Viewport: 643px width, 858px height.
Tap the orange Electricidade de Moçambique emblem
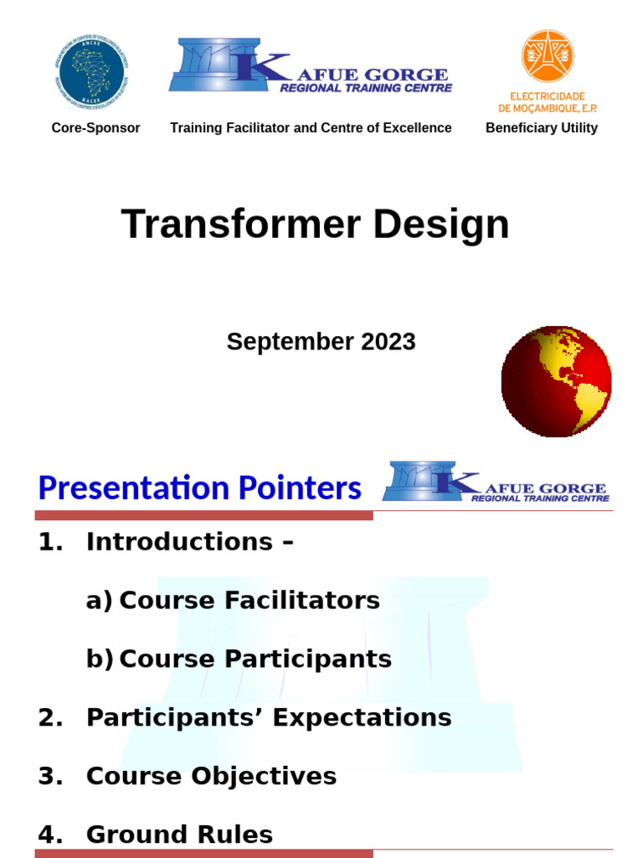548,56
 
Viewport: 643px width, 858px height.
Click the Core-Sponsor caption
95,128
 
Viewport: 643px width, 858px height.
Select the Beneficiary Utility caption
542,128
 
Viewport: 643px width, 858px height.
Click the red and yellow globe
556,381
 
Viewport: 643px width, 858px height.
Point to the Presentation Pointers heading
200,488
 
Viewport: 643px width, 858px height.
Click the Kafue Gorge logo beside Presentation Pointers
496,483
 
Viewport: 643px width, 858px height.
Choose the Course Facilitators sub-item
249,601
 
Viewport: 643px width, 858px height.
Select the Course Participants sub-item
255,659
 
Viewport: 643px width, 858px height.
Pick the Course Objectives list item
211,776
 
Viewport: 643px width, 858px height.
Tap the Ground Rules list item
179,835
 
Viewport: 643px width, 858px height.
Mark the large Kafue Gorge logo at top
311,67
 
